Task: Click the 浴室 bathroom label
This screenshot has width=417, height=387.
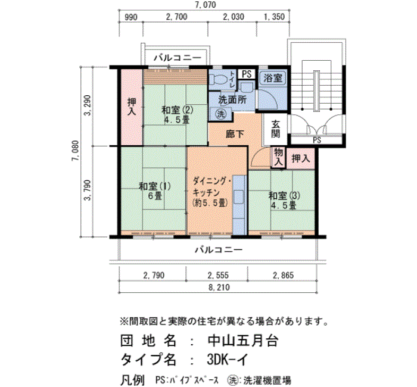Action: click(273, 79)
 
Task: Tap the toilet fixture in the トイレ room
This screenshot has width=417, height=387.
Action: click(218, 79)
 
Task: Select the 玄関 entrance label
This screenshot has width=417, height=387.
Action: click(275, 129)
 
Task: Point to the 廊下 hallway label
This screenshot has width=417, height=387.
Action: click(235, 134)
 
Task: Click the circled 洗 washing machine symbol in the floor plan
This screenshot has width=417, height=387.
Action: click(221, 114)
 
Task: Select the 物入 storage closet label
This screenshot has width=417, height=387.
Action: click(278, 157)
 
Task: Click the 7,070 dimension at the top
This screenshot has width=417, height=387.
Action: click(205, 5)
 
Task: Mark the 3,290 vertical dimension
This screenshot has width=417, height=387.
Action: click(88, 105)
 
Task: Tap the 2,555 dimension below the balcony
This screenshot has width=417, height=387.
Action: click(218, 275)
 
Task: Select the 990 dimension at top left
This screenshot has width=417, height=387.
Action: click(131, 17)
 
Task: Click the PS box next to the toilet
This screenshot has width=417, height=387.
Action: click(247, 74)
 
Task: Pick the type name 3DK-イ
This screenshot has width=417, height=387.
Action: click(228, 360)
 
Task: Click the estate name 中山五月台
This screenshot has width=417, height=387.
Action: click(243, 341)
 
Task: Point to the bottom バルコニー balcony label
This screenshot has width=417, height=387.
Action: click(219, 250)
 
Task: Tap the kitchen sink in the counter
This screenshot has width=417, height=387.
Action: click(239, 196)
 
